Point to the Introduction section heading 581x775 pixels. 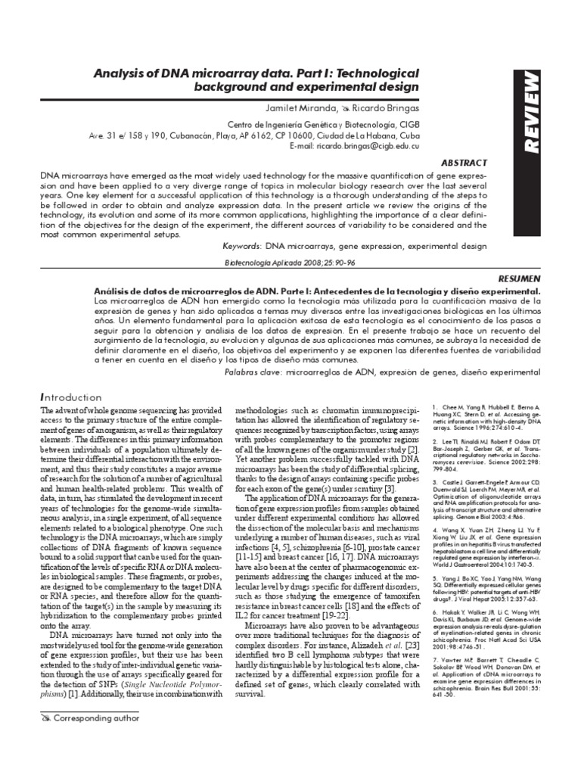pos(69,397)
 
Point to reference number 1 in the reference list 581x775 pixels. pos(437,408)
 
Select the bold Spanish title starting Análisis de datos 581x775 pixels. pos(318,291)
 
